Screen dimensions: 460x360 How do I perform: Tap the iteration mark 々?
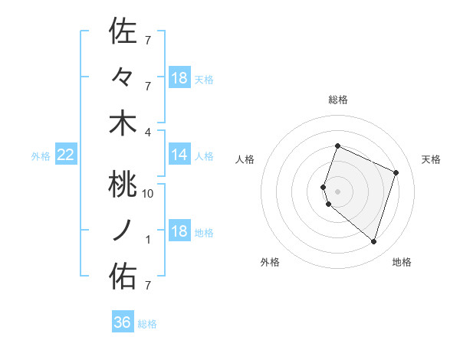[x=123, y=77]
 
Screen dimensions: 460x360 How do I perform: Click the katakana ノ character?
[x=123, y=229]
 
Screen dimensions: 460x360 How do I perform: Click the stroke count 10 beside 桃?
[x=149, y=194]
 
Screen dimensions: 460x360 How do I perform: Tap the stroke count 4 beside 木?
[x=149, y=132]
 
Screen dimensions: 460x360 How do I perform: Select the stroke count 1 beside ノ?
[x=149, y=240]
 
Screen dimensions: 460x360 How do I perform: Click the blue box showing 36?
[x=123, y=322]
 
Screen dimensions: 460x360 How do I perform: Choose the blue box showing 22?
[x=66, y=155]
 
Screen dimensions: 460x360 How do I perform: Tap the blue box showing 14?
[x=179, y=155]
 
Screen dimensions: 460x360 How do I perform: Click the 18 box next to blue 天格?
[x=179, y=78]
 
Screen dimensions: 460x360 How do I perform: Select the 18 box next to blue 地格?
[x=179, y=232]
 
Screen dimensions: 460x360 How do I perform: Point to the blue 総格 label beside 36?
[x=147, y=324]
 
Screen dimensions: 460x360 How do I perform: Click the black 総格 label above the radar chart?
[x=337, y=100]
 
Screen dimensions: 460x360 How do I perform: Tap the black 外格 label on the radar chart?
[x=270, y=262]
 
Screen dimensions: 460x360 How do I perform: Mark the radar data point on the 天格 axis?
[x=396, y=172]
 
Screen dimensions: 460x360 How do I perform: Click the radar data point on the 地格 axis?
[x=373, y=242]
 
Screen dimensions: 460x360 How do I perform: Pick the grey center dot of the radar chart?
[x=337, y=191]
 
